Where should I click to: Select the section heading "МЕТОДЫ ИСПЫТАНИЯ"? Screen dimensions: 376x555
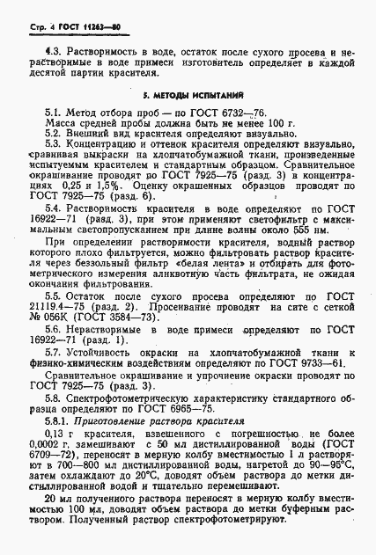click(197, 92)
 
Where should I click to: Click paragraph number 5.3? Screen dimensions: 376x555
click(55, 143)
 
